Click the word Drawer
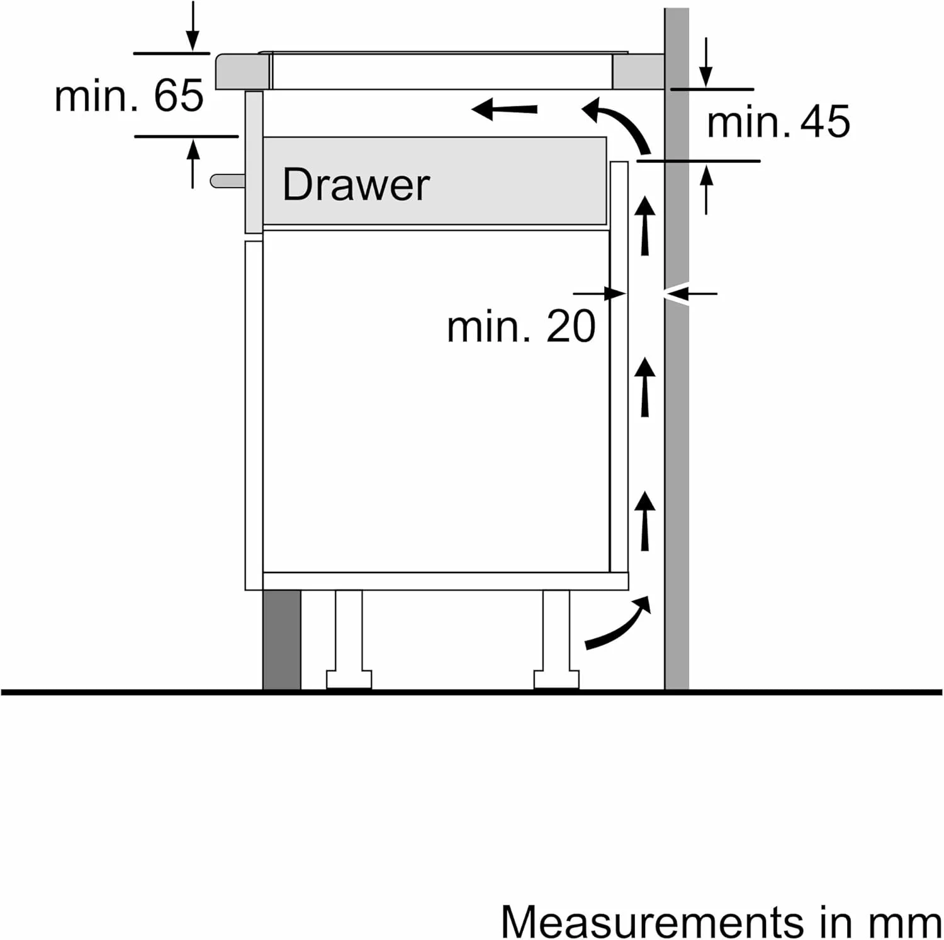point(356,184)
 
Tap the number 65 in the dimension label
point(179,96)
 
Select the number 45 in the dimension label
point(825,121)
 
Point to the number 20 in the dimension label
point(570,326)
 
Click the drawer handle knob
point(227,181)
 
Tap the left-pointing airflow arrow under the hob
point(505,109)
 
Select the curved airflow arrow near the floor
point(618,623)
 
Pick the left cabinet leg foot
point(349,680)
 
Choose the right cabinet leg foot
point(556,680)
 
